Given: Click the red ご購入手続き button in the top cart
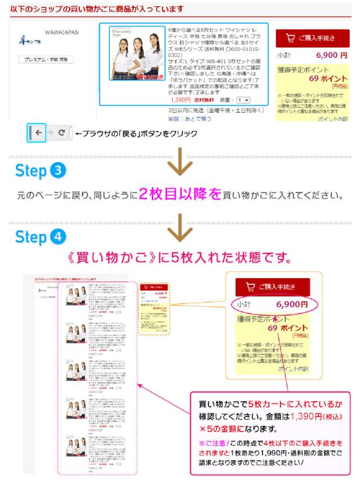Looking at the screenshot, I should coord(313,38).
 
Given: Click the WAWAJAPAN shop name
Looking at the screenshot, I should coord(62,33).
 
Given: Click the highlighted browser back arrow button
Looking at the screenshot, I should coord(36,134).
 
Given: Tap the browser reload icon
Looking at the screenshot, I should coord(61,134).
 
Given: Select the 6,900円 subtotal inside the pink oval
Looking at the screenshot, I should coord(291,304).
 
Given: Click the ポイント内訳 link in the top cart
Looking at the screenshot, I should coord(332,119).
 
